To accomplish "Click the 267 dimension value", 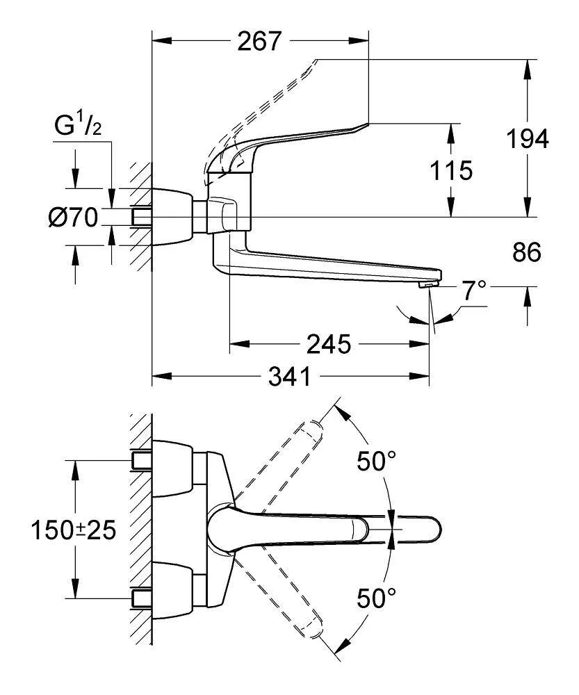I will coord(260,42).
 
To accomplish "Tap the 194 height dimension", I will coord(527,139).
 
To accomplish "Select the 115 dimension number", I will coord(451,170).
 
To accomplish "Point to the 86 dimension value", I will coord(527,252).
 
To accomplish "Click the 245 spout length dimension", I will coord(329,344).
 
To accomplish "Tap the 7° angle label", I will coord(475,291).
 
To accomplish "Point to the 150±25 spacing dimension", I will coord(72,531).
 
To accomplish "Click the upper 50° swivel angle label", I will coord(376,461).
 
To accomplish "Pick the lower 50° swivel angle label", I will coord(376,597).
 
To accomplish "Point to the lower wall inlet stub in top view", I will coord(141,597).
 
